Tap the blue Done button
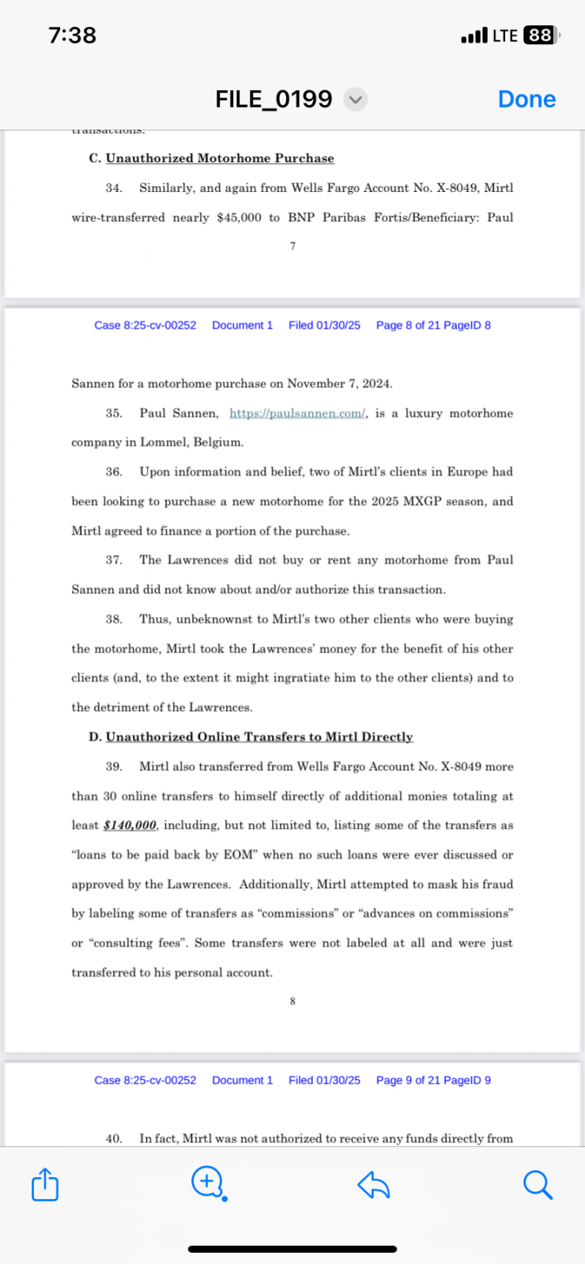point(526,100)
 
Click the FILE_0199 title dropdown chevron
point(356,100)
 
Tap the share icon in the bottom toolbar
point(45,1185)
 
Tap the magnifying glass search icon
point(538,1185)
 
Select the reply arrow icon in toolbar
point(373,1185)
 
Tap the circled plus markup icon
point(208,1183)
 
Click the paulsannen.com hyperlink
point(297,413)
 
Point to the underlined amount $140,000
point(130,826)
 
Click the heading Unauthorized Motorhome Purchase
point(220,159)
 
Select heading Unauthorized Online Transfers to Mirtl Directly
point(259,737)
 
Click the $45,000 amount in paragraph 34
point(239,217)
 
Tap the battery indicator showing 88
point(541,36)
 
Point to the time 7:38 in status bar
point(72,36)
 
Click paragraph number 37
point(114,560)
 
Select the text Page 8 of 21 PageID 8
point(433,325)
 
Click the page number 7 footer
point(292,246)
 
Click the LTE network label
point(504,36)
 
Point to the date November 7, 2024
point(339,384)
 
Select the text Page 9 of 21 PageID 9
point(433,1081)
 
